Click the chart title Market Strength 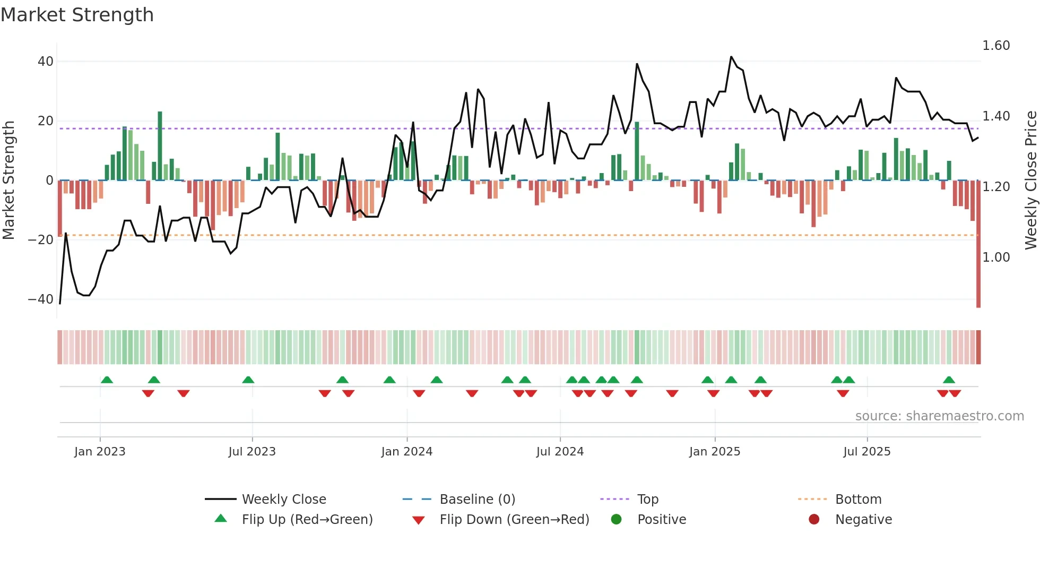(x=77, y=15)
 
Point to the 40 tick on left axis (x=46, y=62)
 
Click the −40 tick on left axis (x=41, y=299)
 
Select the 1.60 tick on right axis (x=996, y=46)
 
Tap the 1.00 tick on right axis (x=996, y=257)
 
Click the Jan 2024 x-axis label (x=406, y=452)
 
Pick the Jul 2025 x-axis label (x=866, y=452)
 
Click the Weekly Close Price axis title (x=1030, y=180)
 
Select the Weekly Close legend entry (x=284, y=500)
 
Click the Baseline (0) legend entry (x=477, y=500)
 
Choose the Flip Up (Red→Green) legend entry (x=307, y=520)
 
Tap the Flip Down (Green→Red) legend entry (x=514, y=520)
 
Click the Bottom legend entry (x=858, y=500)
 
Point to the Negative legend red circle (x=814, y=520)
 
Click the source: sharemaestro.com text (x=939, y=416)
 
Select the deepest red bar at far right (x=978, y=244)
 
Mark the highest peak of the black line (x=731, y=57)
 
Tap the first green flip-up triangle (x=107, y=380)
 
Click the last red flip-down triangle (x=955, y=393)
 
